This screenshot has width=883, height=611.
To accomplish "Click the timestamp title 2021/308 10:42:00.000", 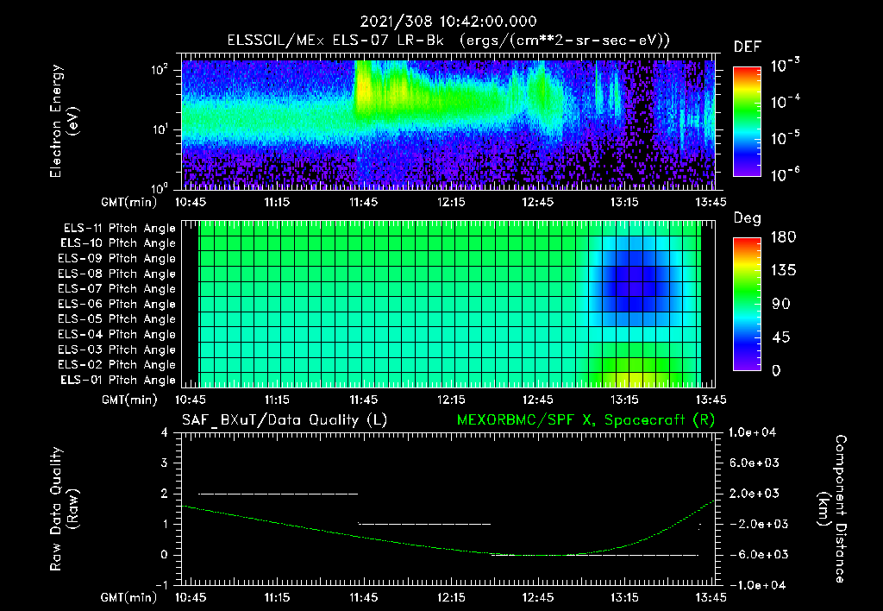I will click(441, 22).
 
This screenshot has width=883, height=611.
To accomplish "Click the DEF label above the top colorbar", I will click(747, 47).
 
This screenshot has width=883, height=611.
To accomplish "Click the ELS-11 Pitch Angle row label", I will click(119, 228).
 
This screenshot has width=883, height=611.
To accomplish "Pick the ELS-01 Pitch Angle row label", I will click(119, 380).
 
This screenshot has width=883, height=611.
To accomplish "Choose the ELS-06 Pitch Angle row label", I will click(119, 304).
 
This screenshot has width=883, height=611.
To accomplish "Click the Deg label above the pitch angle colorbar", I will click(746, 218).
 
